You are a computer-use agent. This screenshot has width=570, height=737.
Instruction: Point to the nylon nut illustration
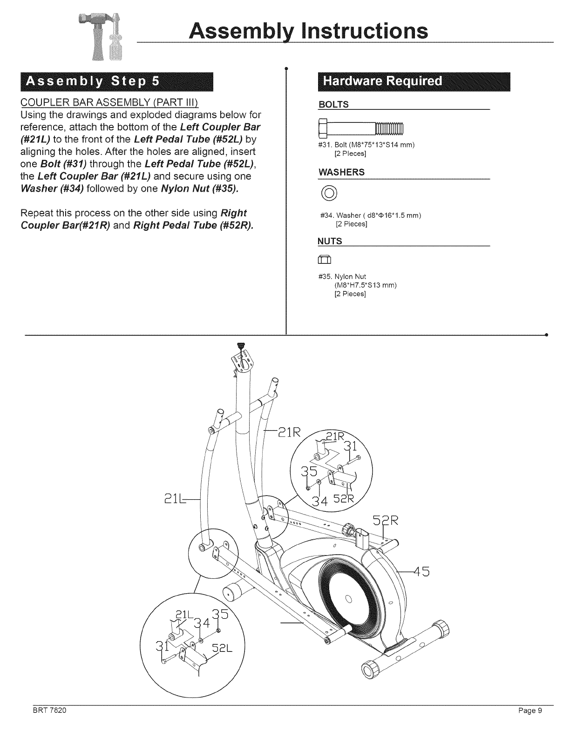(324, 260)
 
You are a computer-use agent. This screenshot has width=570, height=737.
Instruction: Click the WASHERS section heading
(341, 172)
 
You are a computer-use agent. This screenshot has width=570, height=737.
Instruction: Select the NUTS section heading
(330, 241)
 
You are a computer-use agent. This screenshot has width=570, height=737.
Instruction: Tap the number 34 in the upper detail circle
(320, 502)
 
